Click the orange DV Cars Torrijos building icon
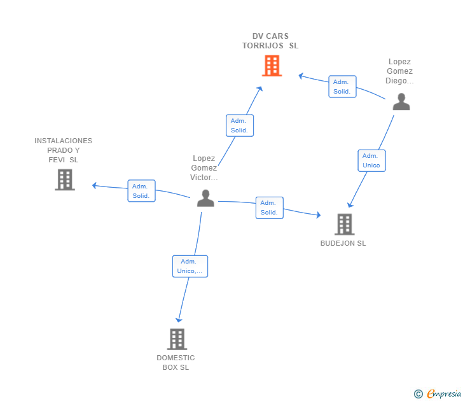(x=272, y=66)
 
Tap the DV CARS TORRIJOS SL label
(x=270, y=41)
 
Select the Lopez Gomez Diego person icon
(x=401, y=102)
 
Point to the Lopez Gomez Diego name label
(x=399, y=71)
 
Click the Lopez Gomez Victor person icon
(x=205, y=198)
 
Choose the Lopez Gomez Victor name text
(x=204, y=168)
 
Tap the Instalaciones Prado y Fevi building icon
(x=65, y=179)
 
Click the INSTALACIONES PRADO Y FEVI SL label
(x=64, y=150)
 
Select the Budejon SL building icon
(x=344, y=224)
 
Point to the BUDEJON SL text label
(x=343, y=243)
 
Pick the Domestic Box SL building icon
(x=177, y=339)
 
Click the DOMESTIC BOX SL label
(x=176, y=362)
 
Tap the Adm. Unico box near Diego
(x=371, y=160)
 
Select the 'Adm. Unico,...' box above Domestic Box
(x=190, y=266)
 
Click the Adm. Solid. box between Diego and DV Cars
(x=342, y=87)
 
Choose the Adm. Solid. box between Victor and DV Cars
(x=240, y=125)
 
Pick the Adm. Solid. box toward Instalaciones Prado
(x=141, y=191)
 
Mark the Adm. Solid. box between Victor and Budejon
(x=269, y=208)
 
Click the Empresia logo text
(x=445, y=394)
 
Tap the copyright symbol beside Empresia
(x=418, y=394)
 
